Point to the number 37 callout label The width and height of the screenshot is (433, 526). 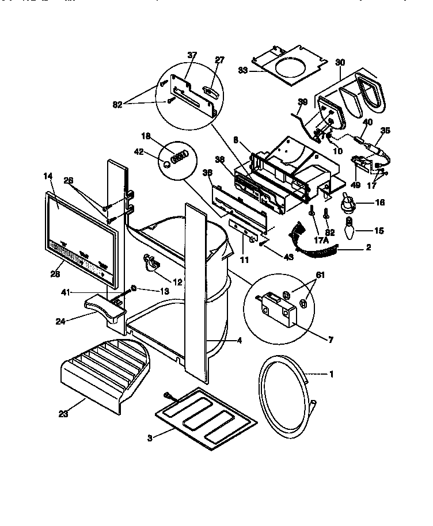(x=192, y=55)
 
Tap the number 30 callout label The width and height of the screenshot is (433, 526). (x=340, y=63)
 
